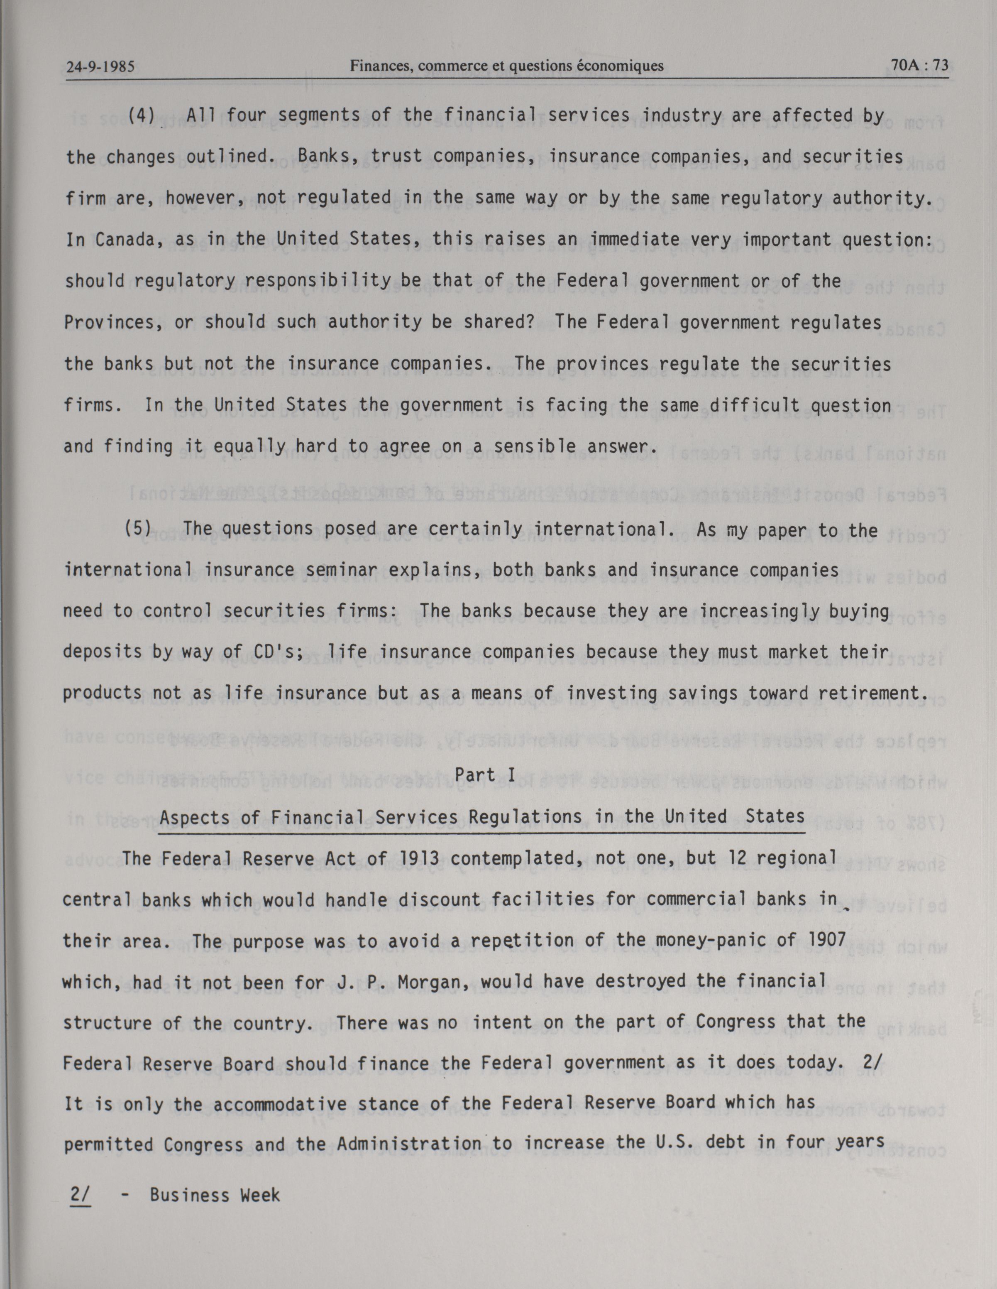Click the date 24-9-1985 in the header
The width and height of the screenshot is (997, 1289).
coord(100,67)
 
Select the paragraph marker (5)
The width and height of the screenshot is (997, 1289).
coord(138,528)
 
